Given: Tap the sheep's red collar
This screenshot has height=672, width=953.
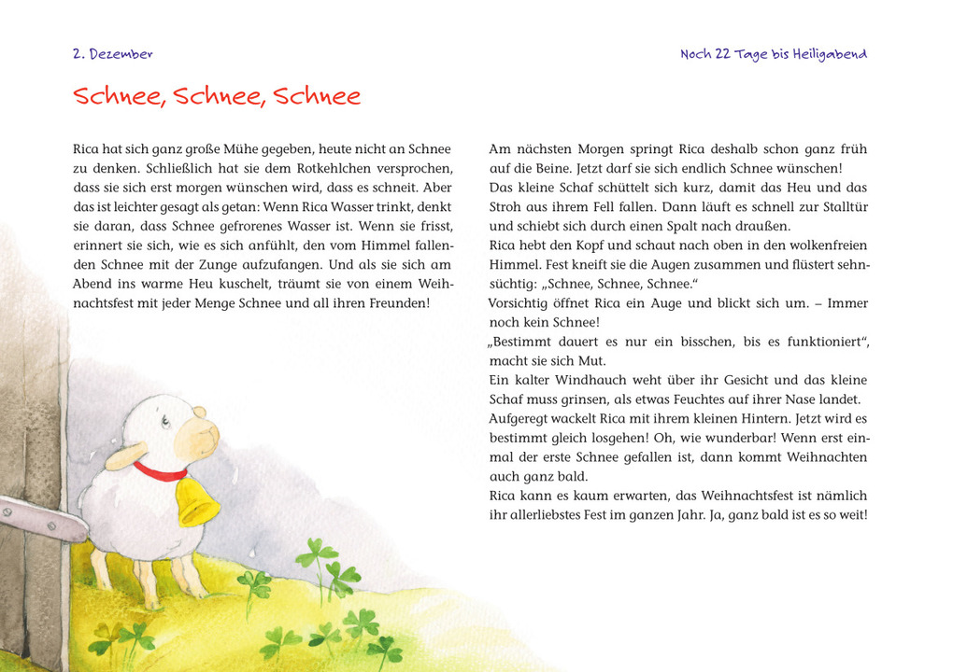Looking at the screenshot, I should coord(159,472).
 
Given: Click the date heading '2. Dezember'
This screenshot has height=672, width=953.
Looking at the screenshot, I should coord(112,54).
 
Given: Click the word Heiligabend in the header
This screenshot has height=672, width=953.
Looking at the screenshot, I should coord(829,54).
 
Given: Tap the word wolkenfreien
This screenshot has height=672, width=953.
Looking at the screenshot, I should coord(824,245).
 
